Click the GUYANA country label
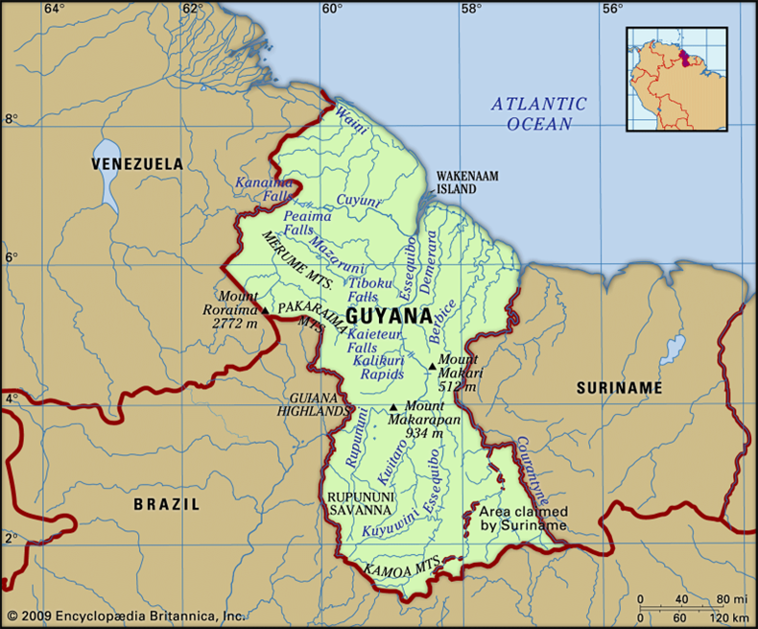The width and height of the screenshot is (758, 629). pos(388,315)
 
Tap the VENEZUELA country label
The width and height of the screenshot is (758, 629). pos(136,164)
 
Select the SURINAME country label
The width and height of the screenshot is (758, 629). pos(619,387)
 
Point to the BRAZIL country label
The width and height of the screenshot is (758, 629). pos(167,503)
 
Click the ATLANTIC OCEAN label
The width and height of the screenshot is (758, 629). pos(538,113)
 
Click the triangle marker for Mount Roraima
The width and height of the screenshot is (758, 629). pos(265,310)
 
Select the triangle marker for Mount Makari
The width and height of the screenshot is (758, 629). pos(432,366)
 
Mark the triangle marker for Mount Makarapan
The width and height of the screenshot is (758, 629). pos(392,406)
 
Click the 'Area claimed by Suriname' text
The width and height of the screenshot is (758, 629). pos(523,519)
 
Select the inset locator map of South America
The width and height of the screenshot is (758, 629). pos(676,79)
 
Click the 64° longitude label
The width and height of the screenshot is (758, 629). pos(54,9)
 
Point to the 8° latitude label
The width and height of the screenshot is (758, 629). pos(12,119)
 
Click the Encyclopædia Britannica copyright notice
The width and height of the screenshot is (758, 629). pos(125,615)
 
